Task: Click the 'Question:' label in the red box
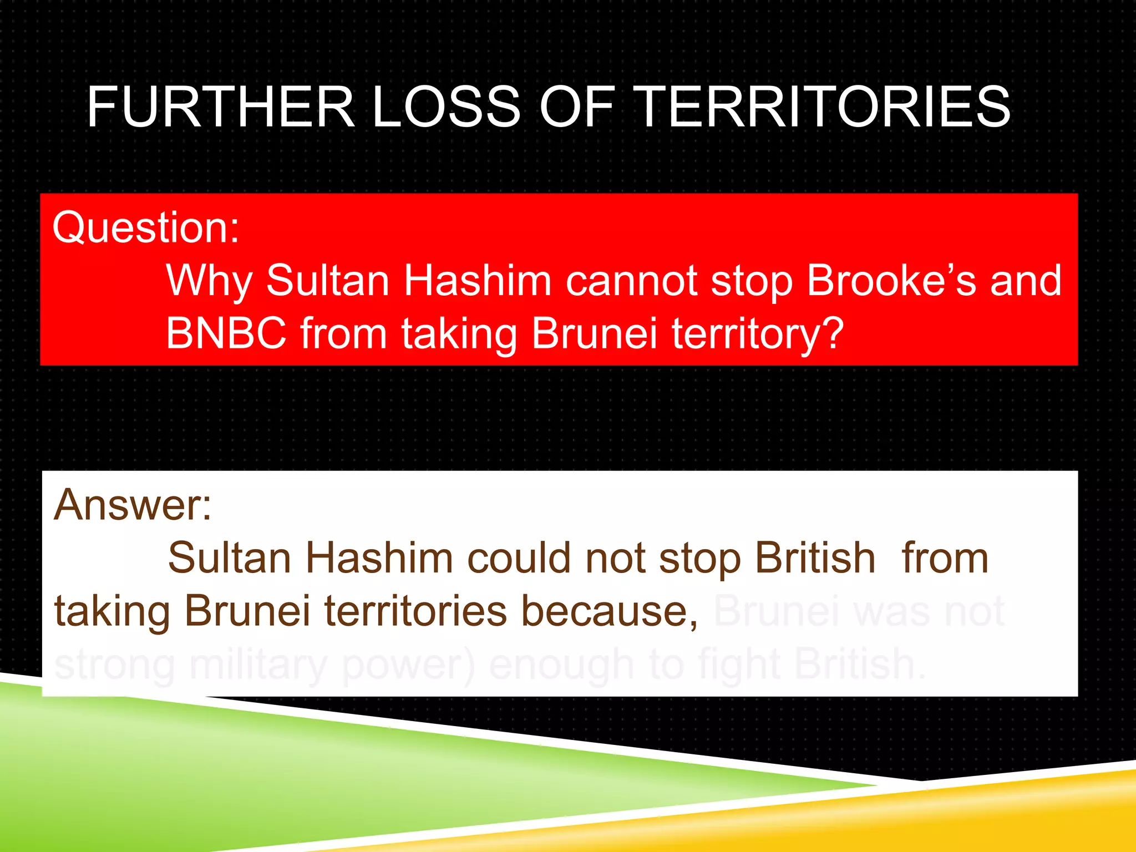[146, 227]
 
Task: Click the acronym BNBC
[226, 333]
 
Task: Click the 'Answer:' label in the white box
[133, 505]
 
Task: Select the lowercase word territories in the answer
[415, 611]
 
